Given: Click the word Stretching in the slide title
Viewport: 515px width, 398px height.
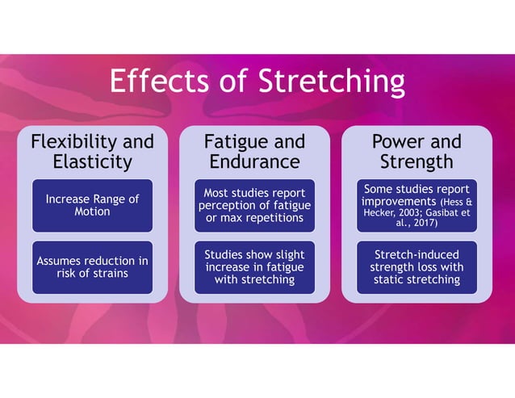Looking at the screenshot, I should (331, 82).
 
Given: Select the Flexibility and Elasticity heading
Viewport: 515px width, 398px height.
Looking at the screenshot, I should (92, 152).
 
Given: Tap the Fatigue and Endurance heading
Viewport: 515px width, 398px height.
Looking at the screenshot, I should (254, 152).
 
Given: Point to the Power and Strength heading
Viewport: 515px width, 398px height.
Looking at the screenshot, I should (416, 152).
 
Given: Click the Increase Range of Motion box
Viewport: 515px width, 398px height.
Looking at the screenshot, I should (92, 205).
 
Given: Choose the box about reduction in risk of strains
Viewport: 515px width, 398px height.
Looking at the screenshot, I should (92, 266).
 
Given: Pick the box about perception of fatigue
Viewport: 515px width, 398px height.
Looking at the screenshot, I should (254, 205).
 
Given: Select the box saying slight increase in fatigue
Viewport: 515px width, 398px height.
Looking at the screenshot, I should (254, 267).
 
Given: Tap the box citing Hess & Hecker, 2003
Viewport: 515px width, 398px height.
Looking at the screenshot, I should (416, 205).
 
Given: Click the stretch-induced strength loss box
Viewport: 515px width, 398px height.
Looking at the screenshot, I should (416, 267).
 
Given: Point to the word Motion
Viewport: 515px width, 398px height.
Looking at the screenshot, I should (92, 212).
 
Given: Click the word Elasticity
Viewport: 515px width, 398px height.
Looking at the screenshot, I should (92, 161).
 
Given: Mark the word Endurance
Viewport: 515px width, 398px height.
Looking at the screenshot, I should (254, 161).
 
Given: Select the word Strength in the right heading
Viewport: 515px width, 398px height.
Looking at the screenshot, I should (416, 161).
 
